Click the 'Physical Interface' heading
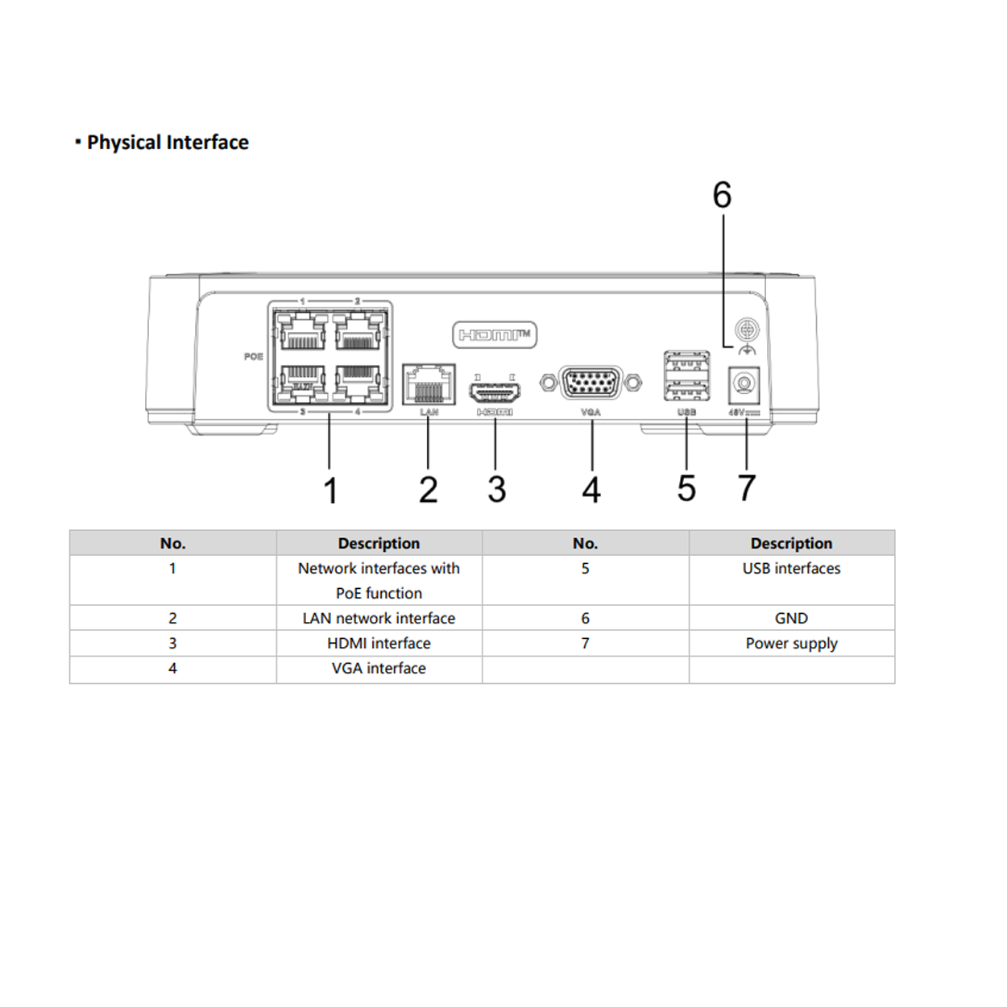(x=168, y=143)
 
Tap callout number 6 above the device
(x=722, y=196)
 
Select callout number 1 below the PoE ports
(x=330, y=491)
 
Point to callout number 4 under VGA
(x=591, y=490)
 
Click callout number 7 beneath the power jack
(x=747, y=488)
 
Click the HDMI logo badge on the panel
(x=495, y=334)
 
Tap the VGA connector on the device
(x=591, y=383)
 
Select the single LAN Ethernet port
(x=429, y=384)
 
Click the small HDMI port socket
(x=495, y=392)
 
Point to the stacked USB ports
(x=686, y=376)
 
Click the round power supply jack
(x=744, y=384)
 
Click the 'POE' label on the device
(x=254, y=356)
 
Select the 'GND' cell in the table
(x=791, y=618)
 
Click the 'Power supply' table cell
(x=791, y=643)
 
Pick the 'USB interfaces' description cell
(x=791, y=568)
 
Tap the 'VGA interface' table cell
(x=379, y=668)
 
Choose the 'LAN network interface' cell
(x=379, y=618)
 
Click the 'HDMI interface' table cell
(x=379, y=643)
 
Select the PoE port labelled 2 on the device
(x=358, y=330)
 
